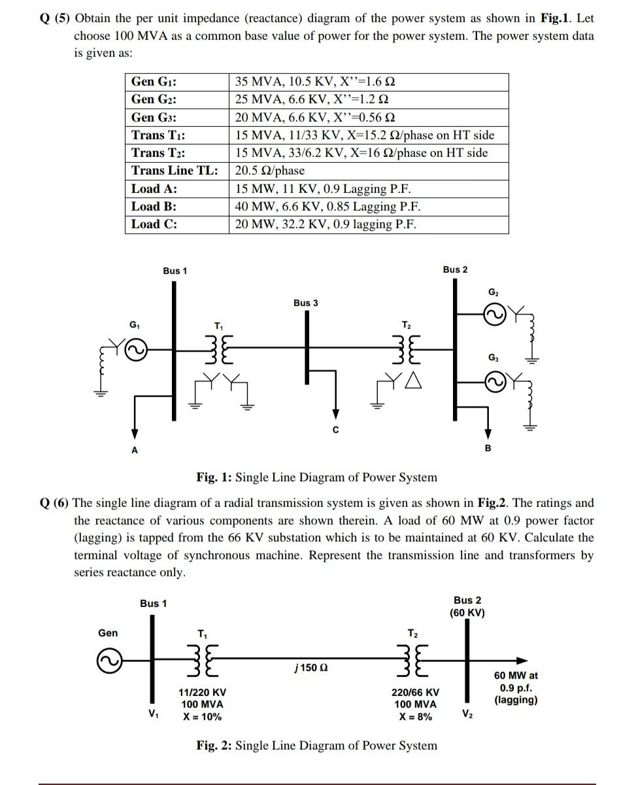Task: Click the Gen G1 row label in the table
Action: coord(154,82)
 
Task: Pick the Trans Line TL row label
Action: coord(175,171)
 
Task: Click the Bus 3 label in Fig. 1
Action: coord(306,303)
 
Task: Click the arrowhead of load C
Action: coord(335,415)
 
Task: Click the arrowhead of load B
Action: coord(487,434)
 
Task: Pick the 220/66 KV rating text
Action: coord(415,692)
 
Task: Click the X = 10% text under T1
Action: coord(201,716)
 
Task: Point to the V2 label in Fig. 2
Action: coord(467,714)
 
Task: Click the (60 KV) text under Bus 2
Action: coord(467,613)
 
